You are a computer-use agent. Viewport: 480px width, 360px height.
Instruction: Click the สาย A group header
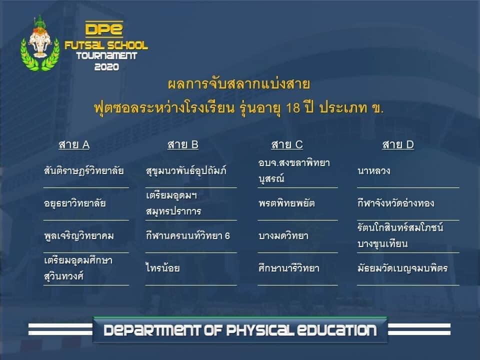[74, 145]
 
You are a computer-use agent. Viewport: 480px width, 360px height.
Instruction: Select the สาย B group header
[183, 145]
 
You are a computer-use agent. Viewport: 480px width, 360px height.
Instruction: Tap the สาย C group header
[287, 145]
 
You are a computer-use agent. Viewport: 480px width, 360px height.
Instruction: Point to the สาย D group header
[398, 145]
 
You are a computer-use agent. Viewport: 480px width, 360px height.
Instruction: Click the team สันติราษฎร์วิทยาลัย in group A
[83, 170]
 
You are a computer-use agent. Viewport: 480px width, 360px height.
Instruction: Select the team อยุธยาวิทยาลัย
[75, 203]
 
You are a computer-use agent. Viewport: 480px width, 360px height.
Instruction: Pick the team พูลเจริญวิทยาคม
[79, 235]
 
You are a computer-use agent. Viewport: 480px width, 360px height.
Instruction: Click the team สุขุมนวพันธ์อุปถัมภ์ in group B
[186, 170]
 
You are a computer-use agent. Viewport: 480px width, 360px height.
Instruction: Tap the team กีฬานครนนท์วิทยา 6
[187, 235]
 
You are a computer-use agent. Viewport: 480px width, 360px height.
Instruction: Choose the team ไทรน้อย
[162, 268]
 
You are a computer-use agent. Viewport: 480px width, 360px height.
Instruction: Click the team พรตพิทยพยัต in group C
[286, 203]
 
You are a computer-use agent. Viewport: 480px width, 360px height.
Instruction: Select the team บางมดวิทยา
[283, 235]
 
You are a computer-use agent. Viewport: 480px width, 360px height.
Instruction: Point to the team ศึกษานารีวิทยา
[288, 268]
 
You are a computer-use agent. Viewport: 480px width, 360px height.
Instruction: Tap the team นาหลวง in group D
[374, 170]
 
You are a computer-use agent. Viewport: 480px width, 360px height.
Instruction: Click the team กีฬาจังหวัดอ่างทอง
[396, 202]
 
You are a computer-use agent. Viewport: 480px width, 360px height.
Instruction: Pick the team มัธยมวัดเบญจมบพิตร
[402, 268]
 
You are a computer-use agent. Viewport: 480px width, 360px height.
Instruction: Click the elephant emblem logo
[40, 43]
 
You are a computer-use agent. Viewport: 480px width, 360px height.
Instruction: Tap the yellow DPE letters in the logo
[104, 29]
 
